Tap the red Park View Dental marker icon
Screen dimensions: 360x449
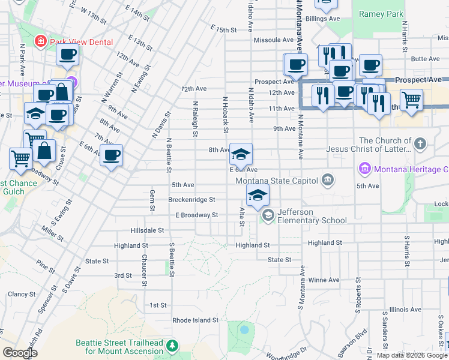[x=40, y=41]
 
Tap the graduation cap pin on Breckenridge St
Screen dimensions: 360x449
[x=258, y=196]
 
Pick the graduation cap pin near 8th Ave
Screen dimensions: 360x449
[x=241, y=155]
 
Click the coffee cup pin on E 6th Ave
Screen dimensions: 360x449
[x=111, y=156]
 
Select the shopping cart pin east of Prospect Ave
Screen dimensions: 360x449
[x=411, y=100]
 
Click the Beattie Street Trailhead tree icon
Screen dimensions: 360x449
[x=172, y=346]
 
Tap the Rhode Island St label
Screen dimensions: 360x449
[x=196, y=320]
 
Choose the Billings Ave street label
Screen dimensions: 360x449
[x=322, y=19]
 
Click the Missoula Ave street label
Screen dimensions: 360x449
[x=274, y=40]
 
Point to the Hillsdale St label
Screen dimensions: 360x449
[x=147, y=230]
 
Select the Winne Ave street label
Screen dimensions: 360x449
[x=324, y=280]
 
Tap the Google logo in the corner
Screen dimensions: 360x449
[x=20, y=353]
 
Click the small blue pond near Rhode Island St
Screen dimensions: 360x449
[x=244, y=330]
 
